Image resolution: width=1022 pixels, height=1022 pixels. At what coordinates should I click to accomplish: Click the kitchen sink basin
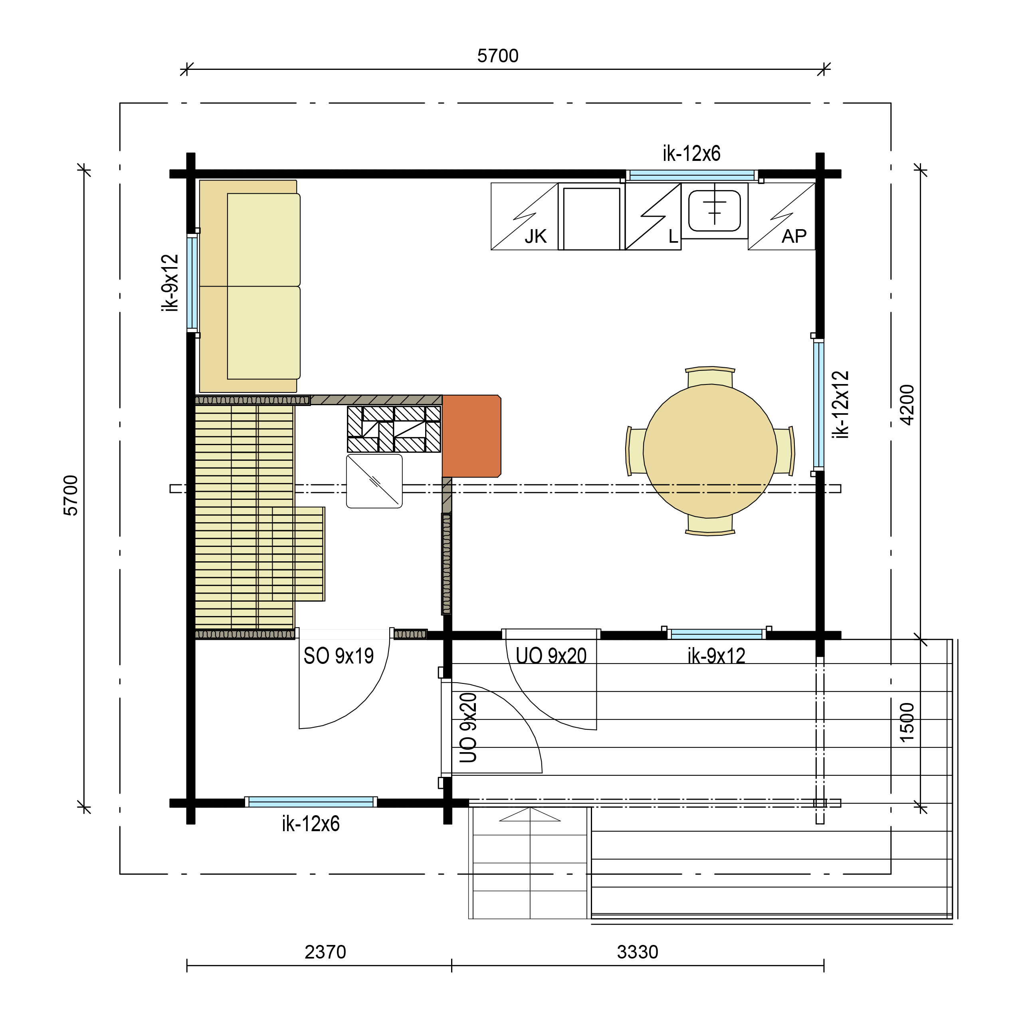point(714,210)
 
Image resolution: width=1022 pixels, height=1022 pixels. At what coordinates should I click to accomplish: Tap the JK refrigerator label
point(535,236)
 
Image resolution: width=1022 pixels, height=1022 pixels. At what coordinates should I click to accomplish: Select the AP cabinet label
point(794,236)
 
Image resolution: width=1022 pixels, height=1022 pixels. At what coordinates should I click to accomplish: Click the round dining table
point(710,451)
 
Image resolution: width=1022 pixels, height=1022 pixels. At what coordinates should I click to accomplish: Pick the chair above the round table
point(710,376)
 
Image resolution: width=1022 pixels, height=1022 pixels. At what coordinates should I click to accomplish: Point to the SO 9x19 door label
point(339,656)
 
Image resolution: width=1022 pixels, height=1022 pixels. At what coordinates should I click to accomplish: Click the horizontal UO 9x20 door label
point(551,656)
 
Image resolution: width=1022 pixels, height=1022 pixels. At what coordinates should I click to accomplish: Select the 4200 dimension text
point(907,405)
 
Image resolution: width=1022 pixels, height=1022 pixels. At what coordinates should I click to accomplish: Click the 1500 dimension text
point(907,722)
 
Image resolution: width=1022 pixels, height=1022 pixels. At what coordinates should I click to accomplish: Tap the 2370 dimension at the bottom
point(325,952)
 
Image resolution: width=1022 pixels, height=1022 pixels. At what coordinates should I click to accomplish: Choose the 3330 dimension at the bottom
point(638,952)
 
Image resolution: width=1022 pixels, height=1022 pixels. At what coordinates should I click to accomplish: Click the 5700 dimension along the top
point(498,55)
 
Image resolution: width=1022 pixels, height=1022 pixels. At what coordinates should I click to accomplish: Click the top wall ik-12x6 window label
point(691,153)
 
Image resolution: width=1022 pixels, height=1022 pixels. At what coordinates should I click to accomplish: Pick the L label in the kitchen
point(673,236)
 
